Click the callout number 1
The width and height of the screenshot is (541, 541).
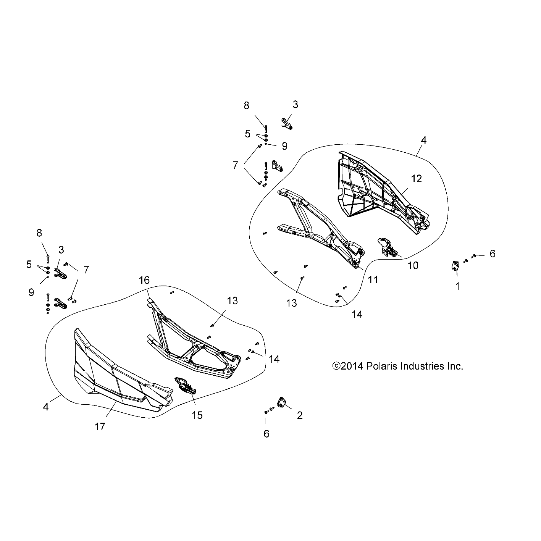tap(457, 286)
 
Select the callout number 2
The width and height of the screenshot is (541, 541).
tap(300, 415)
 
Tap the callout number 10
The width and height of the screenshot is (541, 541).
tap(413, 265)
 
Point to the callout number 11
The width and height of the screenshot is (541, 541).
tap(373, 280)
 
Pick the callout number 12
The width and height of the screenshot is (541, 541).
tap(417, 178)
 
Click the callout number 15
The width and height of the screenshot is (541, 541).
tap(197, 415)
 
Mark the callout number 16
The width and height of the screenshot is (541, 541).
tap(144, 280)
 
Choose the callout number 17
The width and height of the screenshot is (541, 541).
tap(100, 427)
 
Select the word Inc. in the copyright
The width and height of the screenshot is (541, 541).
tap(455, 366)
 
